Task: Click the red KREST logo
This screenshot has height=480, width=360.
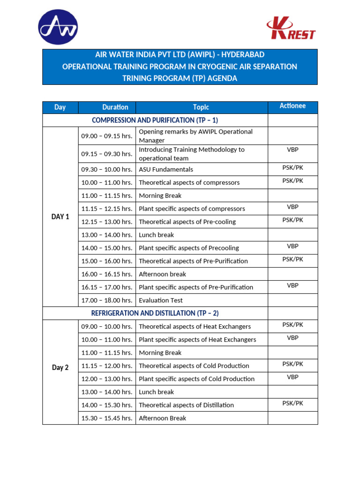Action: [291, 29]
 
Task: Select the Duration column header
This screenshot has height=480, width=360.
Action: [115, 107]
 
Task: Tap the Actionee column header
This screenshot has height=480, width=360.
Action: [292, 106]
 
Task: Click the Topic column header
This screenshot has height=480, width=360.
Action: [201, 107]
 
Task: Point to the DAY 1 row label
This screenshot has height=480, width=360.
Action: [60, 217]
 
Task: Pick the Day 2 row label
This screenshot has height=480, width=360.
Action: [60, 367]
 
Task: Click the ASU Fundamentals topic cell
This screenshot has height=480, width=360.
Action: [166, 170]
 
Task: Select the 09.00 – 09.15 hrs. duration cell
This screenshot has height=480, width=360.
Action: [107, 136]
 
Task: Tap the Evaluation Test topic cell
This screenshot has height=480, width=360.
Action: [161, 300]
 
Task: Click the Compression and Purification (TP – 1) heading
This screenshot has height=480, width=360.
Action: [155, 120]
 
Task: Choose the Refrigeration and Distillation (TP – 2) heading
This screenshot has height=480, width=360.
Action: [155, 313]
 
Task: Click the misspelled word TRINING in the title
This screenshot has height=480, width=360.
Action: [139, 78]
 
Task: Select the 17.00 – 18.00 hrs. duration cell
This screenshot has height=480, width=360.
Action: [107, 300]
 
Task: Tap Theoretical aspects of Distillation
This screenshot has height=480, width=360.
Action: [186, 405]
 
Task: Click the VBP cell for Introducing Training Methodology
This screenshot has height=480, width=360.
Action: [292, 150]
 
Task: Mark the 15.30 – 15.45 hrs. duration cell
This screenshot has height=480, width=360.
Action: [107, 418]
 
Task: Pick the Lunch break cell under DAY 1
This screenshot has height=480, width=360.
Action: [156, 235]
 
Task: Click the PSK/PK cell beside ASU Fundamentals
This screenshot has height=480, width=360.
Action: [292, 167]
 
